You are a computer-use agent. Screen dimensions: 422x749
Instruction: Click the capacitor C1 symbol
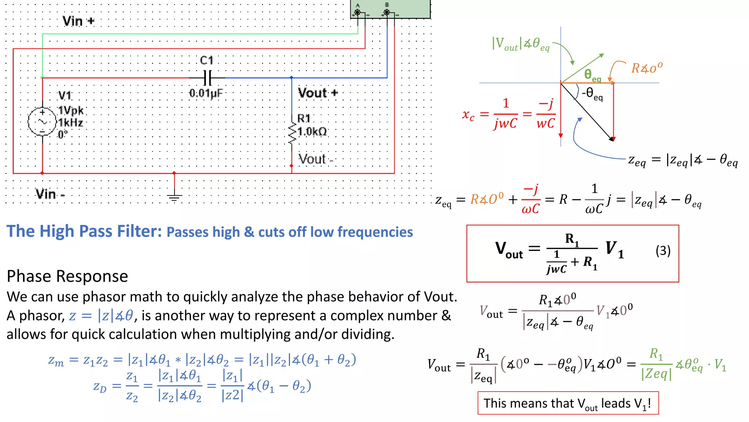(x=207, y=78)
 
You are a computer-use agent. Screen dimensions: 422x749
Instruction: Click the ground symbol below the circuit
(x=174, y=198)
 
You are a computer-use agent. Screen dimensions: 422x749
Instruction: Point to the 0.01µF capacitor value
(x=206, y=93)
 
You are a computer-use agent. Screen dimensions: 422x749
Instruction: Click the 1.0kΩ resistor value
(x=312, y=132)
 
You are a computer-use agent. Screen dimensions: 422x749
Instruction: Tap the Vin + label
(x=78, y=21)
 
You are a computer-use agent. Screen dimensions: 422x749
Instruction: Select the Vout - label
(x=316, y=159)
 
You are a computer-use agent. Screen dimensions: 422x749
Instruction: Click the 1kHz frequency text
(x=71, y=122)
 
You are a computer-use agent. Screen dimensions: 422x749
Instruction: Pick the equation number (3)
(x=663, y=251)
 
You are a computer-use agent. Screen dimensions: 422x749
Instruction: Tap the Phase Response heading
(x=67, y=276)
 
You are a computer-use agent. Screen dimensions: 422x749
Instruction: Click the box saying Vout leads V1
(x=568, y=403)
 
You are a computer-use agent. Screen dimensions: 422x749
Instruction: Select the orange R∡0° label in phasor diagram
(x=647, y=68)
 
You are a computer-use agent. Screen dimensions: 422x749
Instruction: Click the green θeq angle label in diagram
(x=592, y=75)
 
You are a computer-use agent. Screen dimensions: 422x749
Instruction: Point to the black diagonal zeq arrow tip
(x=612, y=139)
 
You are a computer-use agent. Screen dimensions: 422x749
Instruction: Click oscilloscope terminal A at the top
(x=357, y=12)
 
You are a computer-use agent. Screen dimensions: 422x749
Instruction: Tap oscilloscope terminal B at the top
(x=387, y=12)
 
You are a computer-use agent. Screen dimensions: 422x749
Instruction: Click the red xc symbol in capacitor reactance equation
(x=468, y=115)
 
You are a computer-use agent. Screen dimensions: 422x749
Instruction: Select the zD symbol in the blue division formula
(x=100, y=386)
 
